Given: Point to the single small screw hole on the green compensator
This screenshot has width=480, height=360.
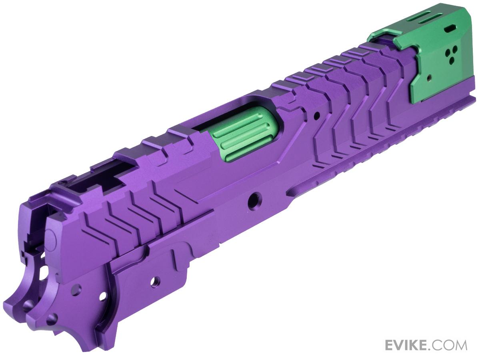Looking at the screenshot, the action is pos(429,77).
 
